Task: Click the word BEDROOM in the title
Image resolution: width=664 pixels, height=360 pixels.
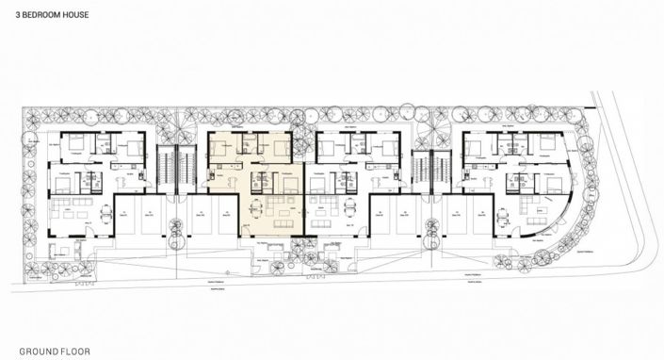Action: [42, 16]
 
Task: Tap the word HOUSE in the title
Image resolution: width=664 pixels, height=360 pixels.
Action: [78, 16]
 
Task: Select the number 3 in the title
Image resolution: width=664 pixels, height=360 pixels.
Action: [18, 16]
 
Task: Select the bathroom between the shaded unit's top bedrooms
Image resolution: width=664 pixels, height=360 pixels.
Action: [250, 144]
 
